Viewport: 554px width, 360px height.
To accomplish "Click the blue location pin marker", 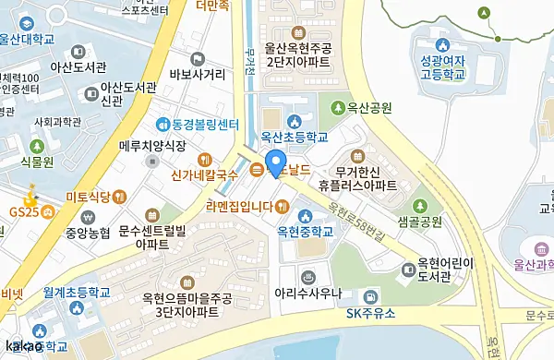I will point(275,164).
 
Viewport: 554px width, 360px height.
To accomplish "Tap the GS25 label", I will point(23,211).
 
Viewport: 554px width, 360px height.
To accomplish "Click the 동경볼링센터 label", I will point(199,123).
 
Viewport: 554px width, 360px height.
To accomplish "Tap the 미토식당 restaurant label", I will point(89,196).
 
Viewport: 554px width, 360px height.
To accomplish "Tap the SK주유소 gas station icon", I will point(370,296).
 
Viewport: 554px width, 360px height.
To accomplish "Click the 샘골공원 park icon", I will point(419,204).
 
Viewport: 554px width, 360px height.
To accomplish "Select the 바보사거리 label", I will point(198,74).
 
